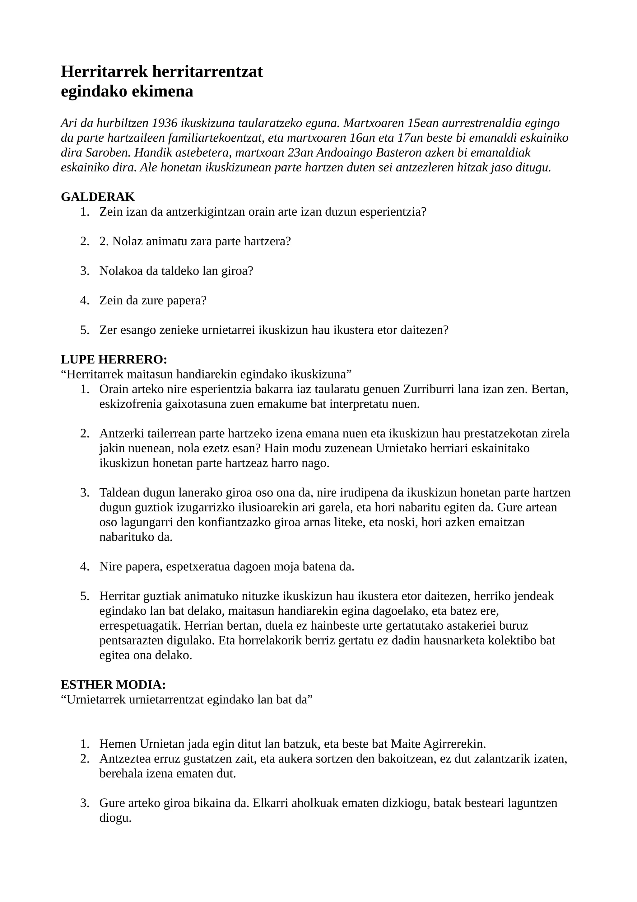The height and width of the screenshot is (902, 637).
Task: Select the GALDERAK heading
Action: click(x=98, y=196)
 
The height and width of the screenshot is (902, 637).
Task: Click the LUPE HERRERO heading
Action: click(x=114, y=359)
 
